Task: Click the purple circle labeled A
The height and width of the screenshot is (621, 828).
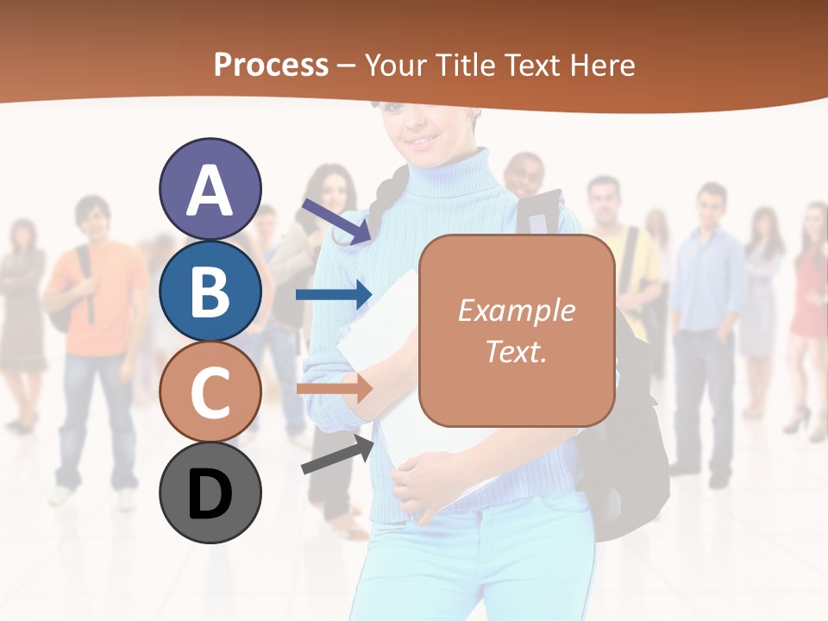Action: [210, 189]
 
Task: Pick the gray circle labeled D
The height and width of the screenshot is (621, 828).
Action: [210, 492]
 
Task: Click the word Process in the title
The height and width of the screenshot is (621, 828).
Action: [271, 65]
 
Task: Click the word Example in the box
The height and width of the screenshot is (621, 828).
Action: [516, 310]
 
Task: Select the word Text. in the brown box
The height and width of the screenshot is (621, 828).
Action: [516, 351]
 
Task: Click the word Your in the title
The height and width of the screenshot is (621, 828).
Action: [395, 65]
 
